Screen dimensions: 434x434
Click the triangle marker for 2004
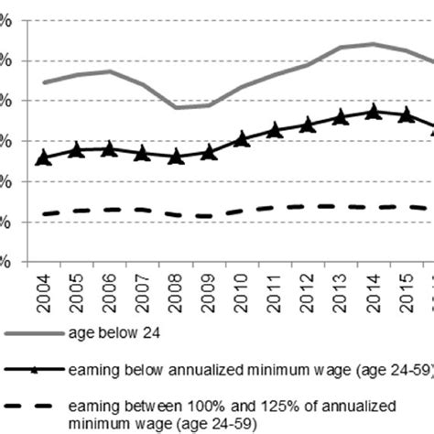coord(44,158)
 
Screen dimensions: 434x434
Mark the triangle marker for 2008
coord(176,157)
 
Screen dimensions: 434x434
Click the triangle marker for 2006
coord(110,148)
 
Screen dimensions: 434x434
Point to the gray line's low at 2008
coord(176,107)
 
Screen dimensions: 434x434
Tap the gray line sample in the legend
coord(32,336)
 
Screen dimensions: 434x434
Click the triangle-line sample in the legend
coord(32,370)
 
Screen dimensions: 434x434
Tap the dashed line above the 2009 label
coord(209,216)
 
